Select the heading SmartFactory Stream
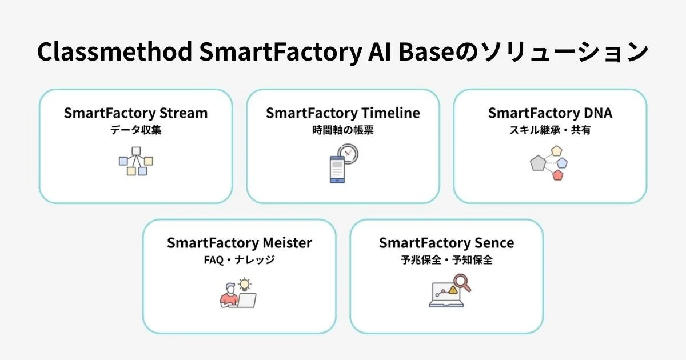point(135,113)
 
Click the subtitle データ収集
point(135,130)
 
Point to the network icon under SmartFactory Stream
point(135,161)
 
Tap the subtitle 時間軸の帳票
point(342,130)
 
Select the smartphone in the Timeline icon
point(337,169)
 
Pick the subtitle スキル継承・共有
point(549,130)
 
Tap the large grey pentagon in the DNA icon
point(538,163)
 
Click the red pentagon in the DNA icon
point(558,175)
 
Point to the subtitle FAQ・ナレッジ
point(239,261)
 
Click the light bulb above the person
point(245,283)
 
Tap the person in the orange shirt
point(229,296)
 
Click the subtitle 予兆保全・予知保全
point(446,261)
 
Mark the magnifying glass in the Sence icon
point(461,282)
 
